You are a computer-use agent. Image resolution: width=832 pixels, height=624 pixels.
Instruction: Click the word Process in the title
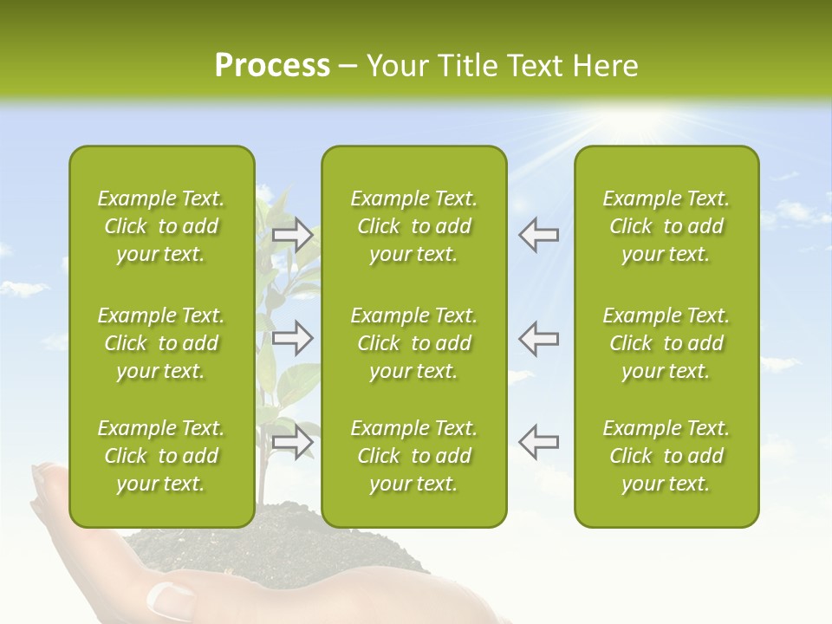click(272, 66)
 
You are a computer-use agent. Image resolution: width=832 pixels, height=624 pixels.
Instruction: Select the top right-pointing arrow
click(293, 235)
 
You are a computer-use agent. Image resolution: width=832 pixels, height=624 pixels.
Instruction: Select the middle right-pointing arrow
click(293, 338)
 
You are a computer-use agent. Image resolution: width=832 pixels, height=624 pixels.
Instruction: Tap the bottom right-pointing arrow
click(293, 442)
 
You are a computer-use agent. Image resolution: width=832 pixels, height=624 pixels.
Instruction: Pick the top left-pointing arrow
click(539, 235)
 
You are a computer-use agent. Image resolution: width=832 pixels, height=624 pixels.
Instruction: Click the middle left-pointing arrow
click(539, 338)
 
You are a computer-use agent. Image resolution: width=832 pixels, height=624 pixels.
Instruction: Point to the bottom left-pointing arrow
click(539, 442)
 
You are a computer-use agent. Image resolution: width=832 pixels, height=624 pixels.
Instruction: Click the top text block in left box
click(161, 226)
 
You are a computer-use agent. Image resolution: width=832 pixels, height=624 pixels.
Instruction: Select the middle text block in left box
click(161, 343)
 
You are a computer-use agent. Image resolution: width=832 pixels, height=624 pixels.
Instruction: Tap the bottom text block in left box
click(161, 456)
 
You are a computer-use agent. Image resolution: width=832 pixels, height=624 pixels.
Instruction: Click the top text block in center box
click(413, 226)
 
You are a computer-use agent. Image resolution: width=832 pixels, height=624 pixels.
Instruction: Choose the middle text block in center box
click(413, 343)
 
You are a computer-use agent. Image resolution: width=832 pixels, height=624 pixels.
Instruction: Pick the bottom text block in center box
click(413, 456)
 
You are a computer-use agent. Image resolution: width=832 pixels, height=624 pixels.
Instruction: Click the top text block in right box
click(666, 226)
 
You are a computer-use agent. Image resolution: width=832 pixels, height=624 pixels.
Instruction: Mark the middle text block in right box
click(666, 343)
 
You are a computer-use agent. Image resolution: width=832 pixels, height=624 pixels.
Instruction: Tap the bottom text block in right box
click(666, 456)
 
